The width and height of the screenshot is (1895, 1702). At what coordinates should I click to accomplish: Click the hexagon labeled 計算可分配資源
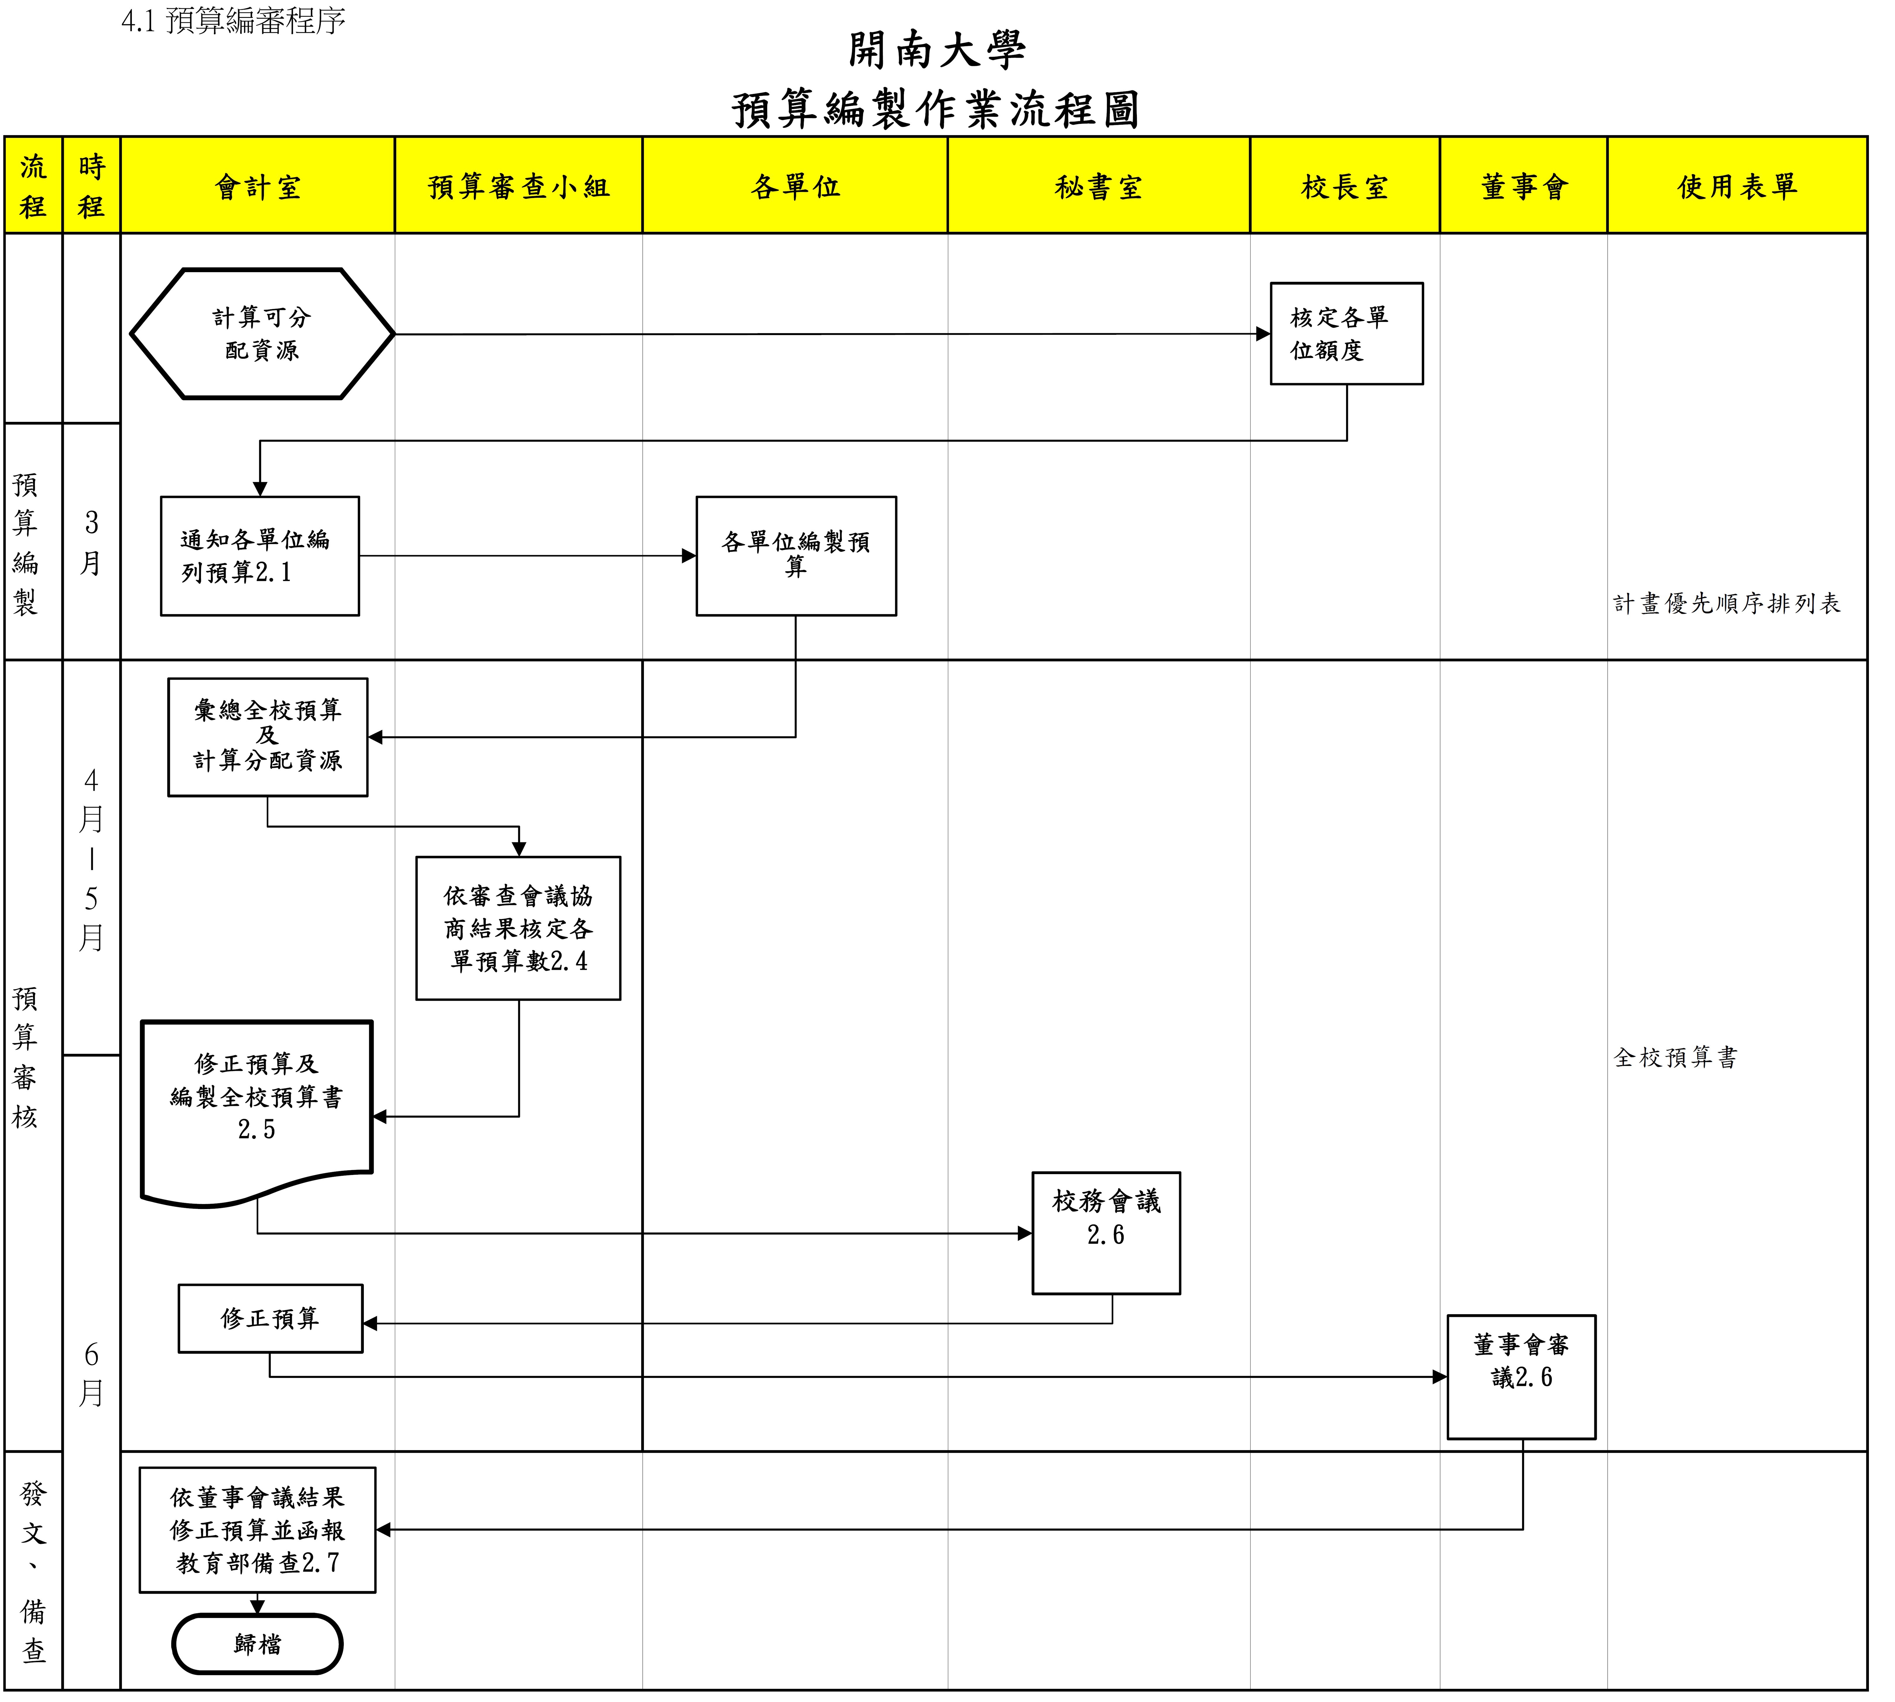pyautogui.click(x=262, y=334)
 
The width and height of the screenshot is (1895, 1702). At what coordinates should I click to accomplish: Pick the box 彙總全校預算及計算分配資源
pyautogui.click(x=267, y=737)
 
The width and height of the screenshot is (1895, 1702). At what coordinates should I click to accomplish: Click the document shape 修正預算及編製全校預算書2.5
pyautogui.click(x=257, y=1104)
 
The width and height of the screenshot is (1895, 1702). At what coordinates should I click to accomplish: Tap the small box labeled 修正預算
pyautogui.click(x=270, y=1319)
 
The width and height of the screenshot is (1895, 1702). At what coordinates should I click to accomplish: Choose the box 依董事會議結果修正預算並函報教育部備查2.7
pyautogui.click(x=257, y=1530)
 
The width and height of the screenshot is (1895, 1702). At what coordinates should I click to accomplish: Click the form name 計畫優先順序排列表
pyautogui.click(x=1727, y=603)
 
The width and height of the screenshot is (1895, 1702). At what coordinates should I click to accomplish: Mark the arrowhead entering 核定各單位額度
pyautogui.click(x=1263, y=334)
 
